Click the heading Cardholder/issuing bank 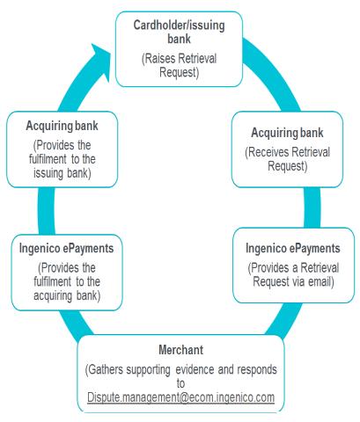pyautogui.click(x=179, y=32)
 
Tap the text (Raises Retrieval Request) pyautogui.click(x=179, y=65)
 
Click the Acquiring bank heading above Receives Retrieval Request pyautogui.click(x=287, y=133)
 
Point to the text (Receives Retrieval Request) pyautogui.click(x=287, y=159)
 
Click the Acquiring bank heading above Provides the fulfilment pyautogui.click(x=62, y=126)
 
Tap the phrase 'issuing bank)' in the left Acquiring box pyautogui.click(x=62, y=173)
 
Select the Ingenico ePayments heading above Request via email pyautogui.click(x=293, y=248)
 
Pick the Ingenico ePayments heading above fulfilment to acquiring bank pyautogui.click(x=66, y=248)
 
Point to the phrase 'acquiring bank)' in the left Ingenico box pyautogui.click(x=67, y=295)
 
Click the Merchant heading pyautogui.click(x=180, y=350)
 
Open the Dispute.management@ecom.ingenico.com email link pyautogui.click(x=180, y=397)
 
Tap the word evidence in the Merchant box pyautogui.click(x=195, y=369)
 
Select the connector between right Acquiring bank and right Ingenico pyautogui.click(x=312, y=207)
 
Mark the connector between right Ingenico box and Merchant pyautogui.click(x=283, y=319)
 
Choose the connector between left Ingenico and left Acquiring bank pyautogui.click(x=47, y=211)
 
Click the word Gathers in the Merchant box pyautogui.click(x=104, y=369)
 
